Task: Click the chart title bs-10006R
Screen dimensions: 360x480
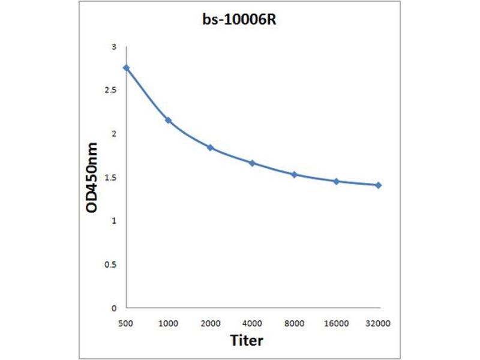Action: pyautogui.click(x=240, y=19)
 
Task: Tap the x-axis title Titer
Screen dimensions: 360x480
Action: pyautogui.click(x=247, y=340)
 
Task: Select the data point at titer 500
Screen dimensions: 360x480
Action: pyautogui.click(x=126, y=68)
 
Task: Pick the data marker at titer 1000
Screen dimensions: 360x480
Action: pyautogui.click(x=169, y=121)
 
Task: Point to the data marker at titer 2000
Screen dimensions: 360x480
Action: pyautogui.click(x=211, y=147)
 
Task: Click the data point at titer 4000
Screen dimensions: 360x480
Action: pyautogui.click(x=252, y=163)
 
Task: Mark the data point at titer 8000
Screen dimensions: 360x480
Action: pyautogui.click(x=294, y=175)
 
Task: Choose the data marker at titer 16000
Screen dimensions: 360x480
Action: pyautogui.click(x=337, y=181)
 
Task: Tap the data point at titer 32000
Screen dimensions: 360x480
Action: pyautogui.click(x=379, y=185)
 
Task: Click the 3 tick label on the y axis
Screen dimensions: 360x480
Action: pyautogui.click(x=114, y=47)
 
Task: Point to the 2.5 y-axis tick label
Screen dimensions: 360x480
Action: pyautogui.click(x=112, y=90)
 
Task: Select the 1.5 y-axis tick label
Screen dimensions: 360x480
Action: pyautogui.click(x=112, y=178)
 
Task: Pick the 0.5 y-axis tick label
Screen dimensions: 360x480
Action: pyautogui.click(x=112, y=265)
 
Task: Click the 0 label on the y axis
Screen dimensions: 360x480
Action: pyautogui.click(x=114, y=308)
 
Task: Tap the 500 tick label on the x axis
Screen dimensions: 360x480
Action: pyautogui.click(x=126, y=323)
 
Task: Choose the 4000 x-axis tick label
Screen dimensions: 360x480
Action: pyautogui.click(x=252, y=323)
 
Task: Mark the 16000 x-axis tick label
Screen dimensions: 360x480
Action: pyautogui.click(x=337, y=323)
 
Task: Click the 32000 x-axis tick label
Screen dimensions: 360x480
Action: pyautogui.click(x=379, y=323)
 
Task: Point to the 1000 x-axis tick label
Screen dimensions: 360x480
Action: pyautogui.click(x=169, y=323)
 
